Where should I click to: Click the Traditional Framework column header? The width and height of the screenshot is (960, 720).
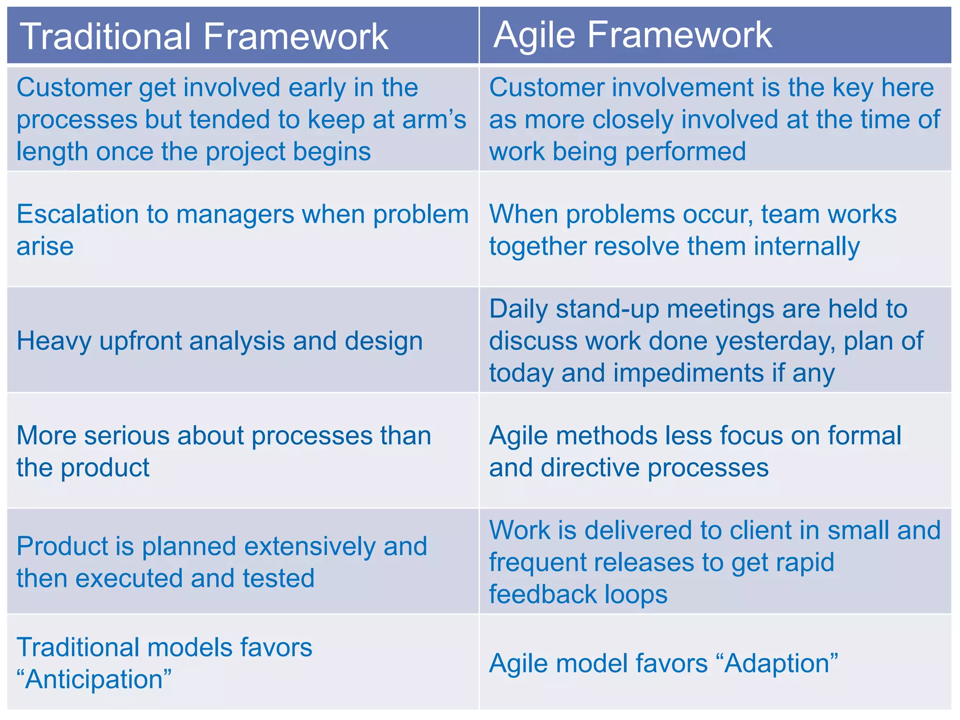[204, 37]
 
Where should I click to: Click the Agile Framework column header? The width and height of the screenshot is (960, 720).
[632, 35]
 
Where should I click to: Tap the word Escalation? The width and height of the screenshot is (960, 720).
[77, 214]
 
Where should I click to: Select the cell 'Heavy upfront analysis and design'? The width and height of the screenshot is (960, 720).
[219, 341]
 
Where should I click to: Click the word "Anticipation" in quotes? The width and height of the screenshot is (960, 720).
[94, 679]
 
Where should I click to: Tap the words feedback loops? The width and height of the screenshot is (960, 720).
[578, 594]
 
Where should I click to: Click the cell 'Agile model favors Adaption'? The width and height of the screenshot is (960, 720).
[663, 664]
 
